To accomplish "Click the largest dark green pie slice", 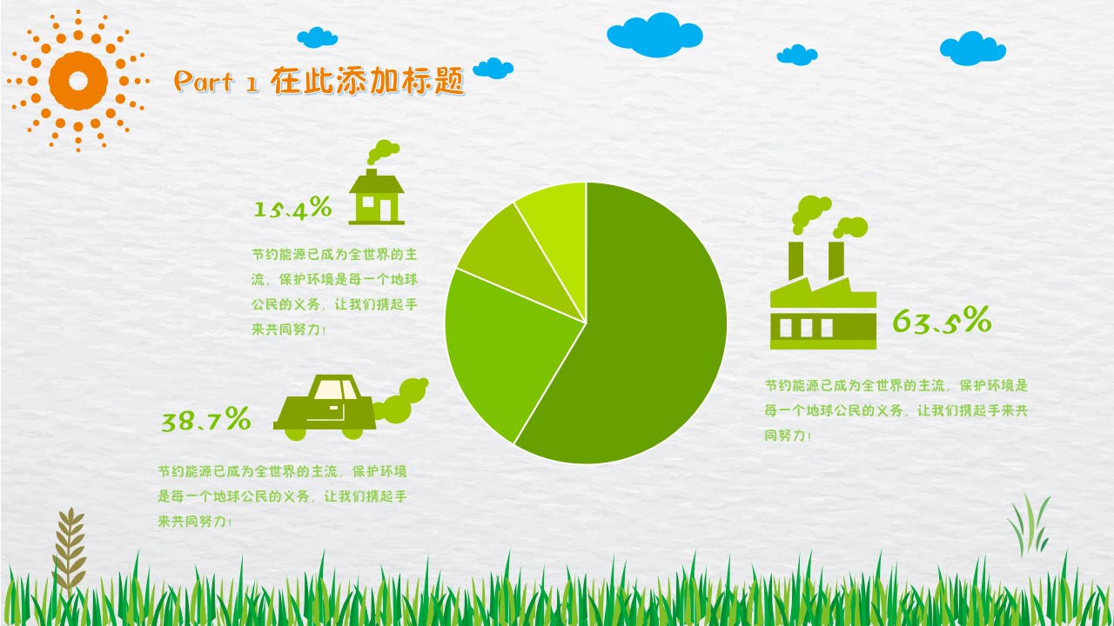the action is (x=647, y=323).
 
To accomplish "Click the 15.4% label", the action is (x=292, y=207).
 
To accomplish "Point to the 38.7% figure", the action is (x=206, y=419).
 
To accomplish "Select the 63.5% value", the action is (x=942, y=320).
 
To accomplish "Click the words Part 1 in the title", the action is (x=216, y=82).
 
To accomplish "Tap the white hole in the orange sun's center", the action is (x=78, y=81).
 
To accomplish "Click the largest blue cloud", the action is (x=654, y=35).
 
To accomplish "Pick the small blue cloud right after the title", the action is (x=493, y=69).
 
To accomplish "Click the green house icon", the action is (x=377, y=196).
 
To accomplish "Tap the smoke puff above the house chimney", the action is (x=383, y=151).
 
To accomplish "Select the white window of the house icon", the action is (x=368, y=202).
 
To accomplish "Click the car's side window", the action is (x=335, y=390).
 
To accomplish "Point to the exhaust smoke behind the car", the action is (x=401, y=401).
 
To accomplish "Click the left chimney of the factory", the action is (x=795, y=260).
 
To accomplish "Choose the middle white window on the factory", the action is (x=806, y=328).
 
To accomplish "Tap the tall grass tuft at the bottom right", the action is (x=1029, y=526).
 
